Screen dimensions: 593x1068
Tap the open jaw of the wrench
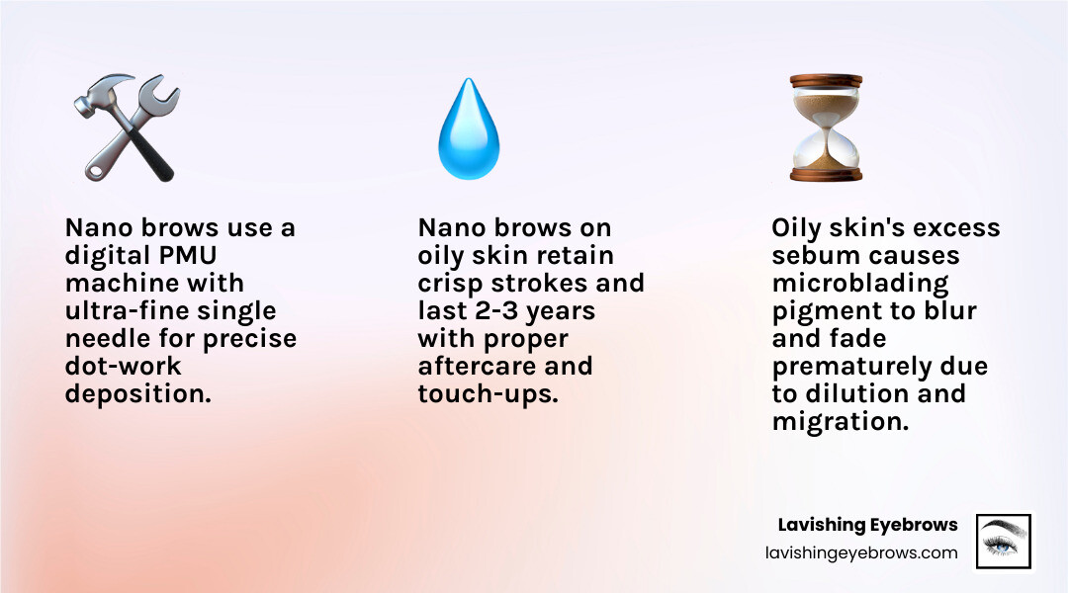pos(166,91)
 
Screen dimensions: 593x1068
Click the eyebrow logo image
pos(1003,541)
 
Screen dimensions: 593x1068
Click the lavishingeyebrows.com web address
pos(861,553)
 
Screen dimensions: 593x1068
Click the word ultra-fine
pos(124,311)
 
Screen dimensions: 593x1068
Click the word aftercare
pos(480,367)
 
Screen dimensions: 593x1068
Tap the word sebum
pos(814,256)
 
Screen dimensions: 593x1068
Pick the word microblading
pos(859,284)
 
